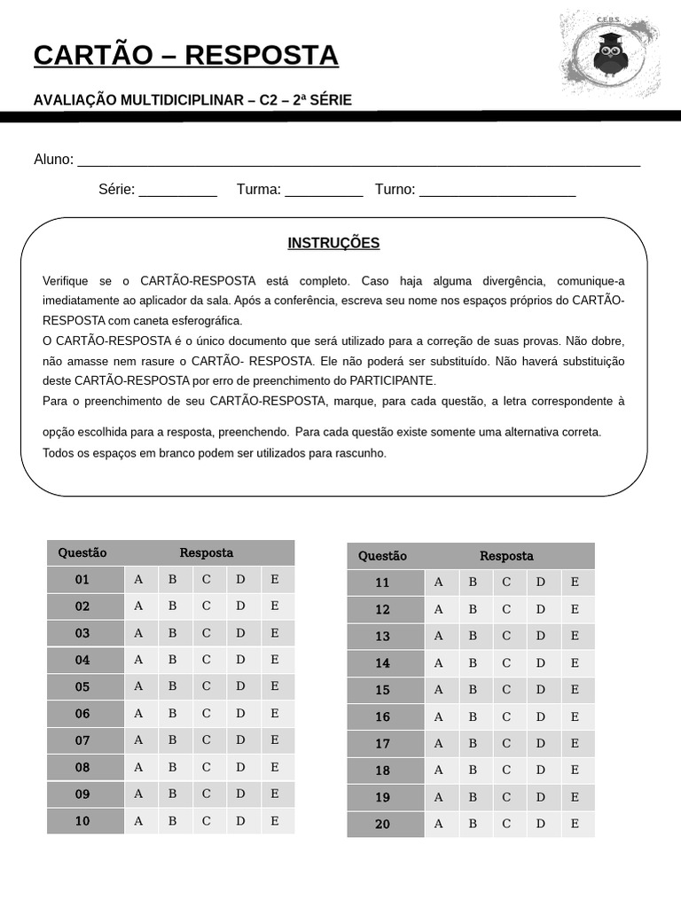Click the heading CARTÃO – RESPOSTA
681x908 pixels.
186,55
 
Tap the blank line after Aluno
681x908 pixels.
358,160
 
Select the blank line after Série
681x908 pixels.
177,190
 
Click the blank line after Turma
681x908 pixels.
324,190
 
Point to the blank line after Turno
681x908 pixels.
497,190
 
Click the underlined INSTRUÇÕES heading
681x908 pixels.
333,243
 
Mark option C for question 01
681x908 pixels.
207,580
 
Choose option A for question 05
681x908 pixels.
138,686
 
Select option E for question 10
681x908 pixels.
275,821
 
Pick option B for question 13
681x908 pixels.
473,637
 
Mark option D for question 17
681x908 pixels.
541,744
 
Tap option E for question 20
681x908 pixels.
575,824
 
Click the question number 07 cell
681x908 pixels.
82,740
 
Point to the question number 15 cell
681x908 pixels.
382,690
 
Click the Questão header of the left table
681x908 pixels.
82,552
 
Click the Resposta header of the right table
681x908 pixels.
506,556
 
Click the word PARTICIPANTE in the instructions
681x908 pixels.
390,380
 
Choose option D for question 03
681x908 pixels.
240,633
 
